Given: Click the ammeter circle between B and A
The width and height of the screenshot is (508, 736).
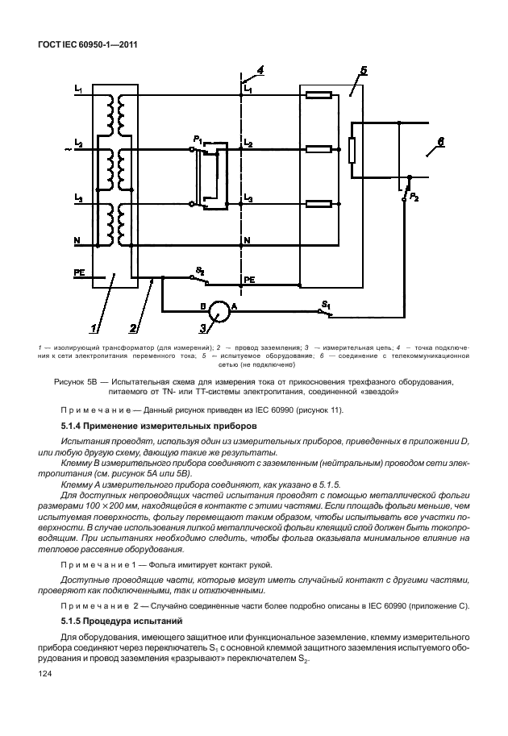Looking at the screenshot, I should [x=214, y=310].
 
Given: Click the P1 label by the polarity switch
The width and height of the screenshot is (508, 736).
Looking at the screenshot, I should [x=198, y=139].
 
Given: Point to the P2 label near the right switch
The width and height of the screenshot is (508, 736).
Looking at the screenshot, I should [x=414, y=197].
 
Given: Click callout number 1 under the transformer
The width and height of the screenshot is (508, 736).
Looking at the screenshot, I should [x=94, y=328].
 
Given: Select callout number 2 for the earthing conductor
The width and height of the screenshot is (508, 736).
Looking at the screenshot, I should [x=133, y=328].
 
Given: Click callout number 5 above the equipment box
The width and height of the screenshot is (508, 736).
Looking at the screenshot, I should [x=364, y=71].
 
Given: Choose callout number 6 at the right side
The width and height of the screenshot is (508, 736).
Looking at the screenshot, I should [x=439, y=143].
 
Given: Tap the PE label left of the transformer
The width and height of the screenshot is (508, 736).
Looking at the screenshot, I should [x=79, y=273].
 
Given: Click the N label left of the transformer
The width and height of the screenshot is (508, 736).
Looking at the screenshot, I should [x=77, y=240].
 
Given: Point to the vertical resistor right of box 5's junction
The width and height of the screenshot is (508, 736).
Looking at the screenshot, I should [x=352, y=149].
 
